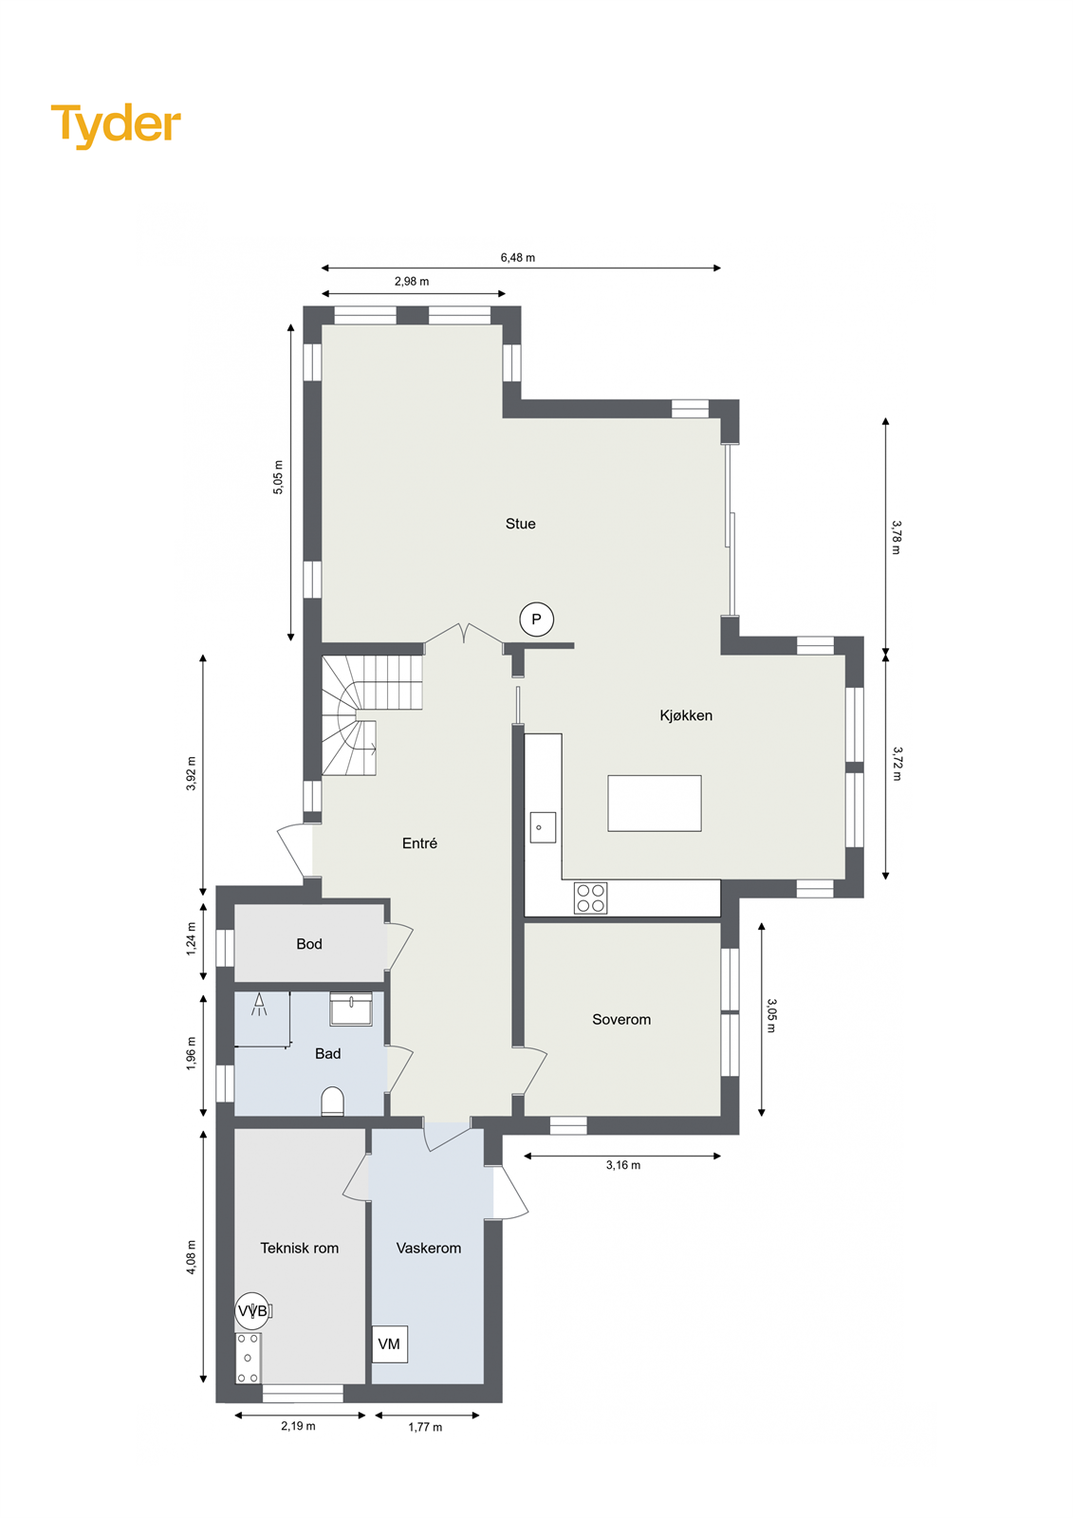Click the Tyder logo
click(x=116, y=124)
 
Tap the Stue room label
click(x=520, y=524)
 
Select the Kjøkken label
click(x=686, y=715)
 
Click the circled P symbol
click(x=536, y=620)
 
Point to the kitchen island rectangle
click(x=655, y=803)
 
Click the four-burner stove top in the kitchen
click(x=590, y=898)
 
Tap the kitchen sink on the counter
click(x=543, y=827)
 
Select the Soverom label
click(x=621, y=1020)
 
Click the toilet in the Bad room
click(x=332, y=1102)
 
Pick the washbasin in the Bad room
click(x=351, y=1009)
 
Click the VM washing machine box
click(x=389, y=1344)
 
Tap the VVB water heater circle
click(x=252, y=1311)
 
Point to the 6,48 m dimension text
click(x=518, y=257)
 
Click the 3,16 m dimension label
click(x=623, y=1165)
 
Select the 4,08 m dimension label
click(x=192, y=1257)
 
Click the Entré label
click(x=419, y=843)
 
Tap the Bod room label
click(x=309, y=944)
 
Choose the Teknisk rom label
click(x=300, y=1249)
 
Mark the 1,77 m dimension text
click(x=425, y=1427)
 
